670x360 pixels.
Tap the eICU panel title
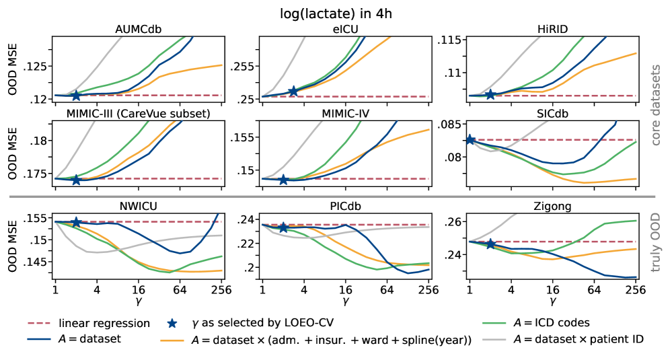pos(344,29)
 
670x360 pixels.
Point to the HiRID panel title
pos(552,29)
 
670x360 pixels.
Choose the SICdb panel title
pos(552,113)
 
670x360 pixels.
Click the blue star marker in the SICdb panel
pos(470,139)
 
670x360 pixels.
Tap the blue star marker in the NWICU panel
pos(76,222)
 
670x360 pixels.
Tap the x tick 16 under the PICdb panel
pos(345,290)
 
